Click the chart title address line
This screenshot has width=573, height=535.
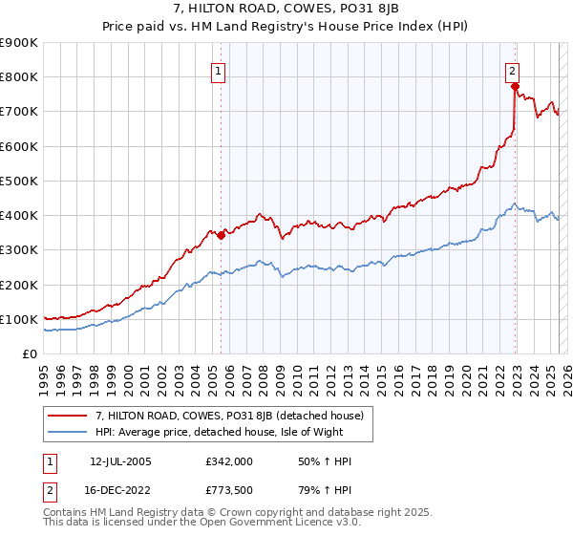[x=286, y=9]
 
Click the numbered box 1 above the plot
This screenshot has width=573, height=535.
[x=219, y=70]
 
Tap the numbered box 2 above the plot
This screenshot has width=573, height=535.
[x=512, y=70]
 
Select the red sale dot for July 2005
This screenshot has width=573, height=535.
[x=221, y=234]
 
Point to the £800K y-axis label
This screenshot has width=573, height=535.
[x=19, y=76]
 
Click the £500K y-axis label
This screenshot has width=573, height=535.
[x=19, y=181]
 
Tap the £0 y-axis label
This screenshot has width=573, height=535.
[x=30, y=353]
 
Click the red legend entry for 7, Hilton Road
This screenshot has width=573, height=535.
[x=228, y=416]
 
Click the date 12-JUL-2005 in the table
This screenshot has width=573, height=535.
[x=121, y=461]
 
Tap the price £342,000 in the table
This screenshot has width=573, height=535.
[x=229, y=461]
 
